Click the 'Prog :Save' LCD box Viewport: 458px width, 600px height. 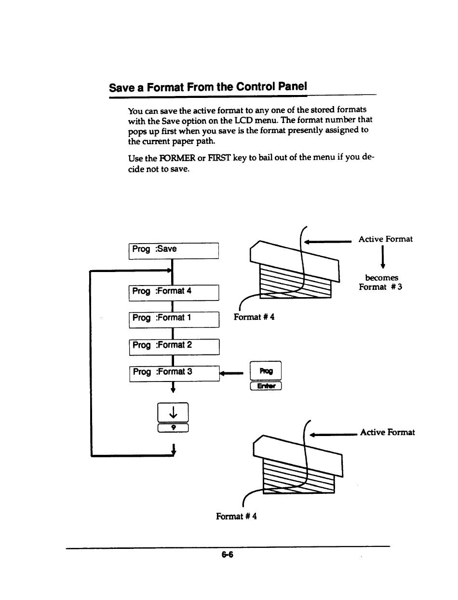click(174, 251)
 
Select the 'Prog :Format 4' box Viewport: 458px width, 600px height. click(174, 292)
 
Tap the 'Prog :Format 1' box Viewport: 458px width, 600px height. click(174, 319)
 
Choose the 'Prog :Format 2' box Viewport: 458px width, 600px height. click(174, 346)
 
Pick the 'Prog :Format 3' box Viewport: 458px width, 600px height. click(174, 373)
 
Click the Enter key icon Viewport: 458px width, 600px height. click(265, 386)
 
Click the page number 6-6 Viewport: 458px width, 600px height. click(227, 555)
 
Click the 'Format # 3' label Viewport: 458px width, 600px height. click(380, 287)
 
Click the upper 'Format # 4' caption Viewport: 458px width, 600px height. click(254, 317)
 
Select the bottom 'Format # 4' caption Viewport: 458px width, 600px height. click(236, 517)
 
